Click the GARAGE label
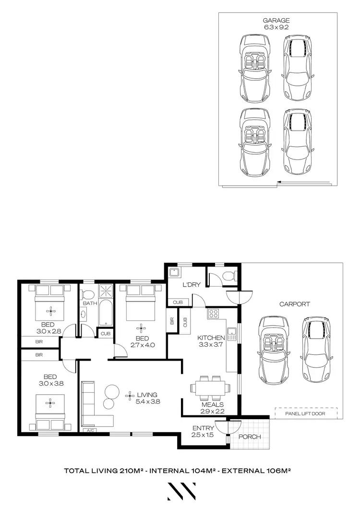click(x=276, y=21)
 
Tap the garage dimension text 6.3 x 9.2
click(x=276, y=27)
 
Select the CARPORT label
click(x=294, y=304)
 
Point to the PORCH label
click(x=250, y=437)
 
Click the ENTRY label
click(x=200, y=428)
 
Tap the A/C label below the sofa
click(x=89, y=431)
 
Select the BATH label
click(x=90, y=303)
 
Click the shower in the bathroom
click(x=105, y=292)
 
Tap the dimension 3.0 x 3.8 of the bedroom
click(x=50, y=383)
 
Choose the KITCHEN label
click(x=211, y=338)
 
